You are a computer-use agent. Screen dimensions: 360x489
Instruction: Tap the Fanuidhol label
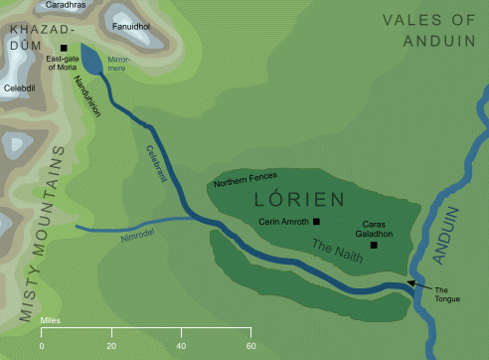131,27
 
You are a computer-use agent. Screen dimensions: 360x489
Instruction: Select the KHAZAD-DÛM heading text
39,39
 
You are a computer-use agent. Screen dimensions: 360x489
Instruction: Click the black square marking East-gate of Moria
65,47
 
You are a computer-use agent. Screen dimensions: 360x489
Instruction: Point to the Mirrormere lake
90,62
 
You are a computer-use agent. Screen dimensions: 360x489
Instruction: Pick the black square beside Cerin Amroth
316,221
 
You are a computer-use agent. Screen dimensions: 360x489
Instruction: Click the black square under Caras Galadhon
374,245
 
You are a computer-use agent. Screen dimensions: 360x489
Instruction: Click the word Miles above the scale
52,321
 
